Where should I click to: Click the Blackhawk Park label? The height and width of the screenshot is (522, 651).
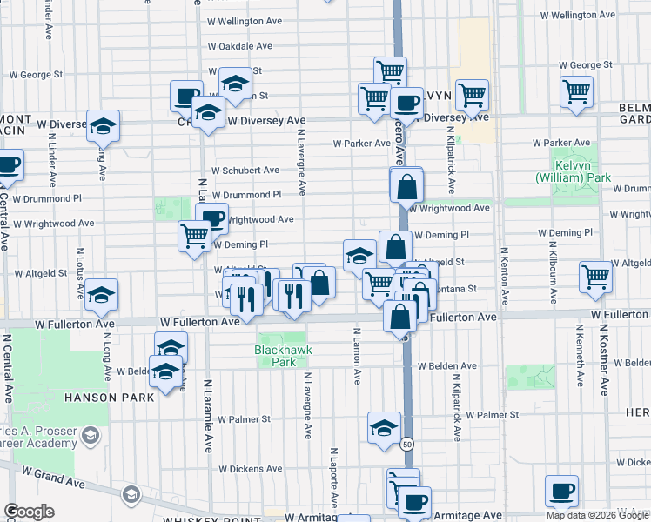click(x=282, y=355)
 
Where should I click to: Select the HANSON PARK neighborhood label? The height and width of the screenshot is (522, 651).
click(x=109, y=398)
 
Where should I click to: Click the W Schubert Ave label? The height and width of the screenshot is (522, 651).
click(x=245, y=171)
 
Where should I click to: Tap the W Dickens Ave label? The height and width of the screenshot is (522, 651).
click(x=252, y=469)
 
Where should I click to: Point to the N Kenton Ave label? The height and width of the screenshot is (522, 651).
click(x=503, y=277)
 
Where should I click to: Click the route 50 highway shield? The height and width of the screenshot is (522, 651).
click(x=406, y=444)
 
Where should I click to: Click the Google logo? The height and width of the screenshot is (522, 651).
click(x=29, y=512)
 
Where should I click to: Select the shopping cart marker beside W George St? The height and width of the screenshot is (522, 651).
click(x=577, y=91)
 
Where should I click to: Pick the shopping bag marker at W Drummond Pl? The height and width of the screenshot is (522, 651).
click(x=406, y=185)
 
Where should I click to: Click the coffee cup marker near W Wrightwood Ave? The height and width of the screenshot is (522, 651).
click(x=211, y=218)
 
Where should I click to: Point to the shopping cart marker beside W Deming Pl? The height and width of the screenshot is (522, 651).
click(x=195, y=235)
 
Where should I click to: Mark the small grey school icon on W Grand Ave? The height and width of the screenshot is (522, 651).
click(x=131, y=494)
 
